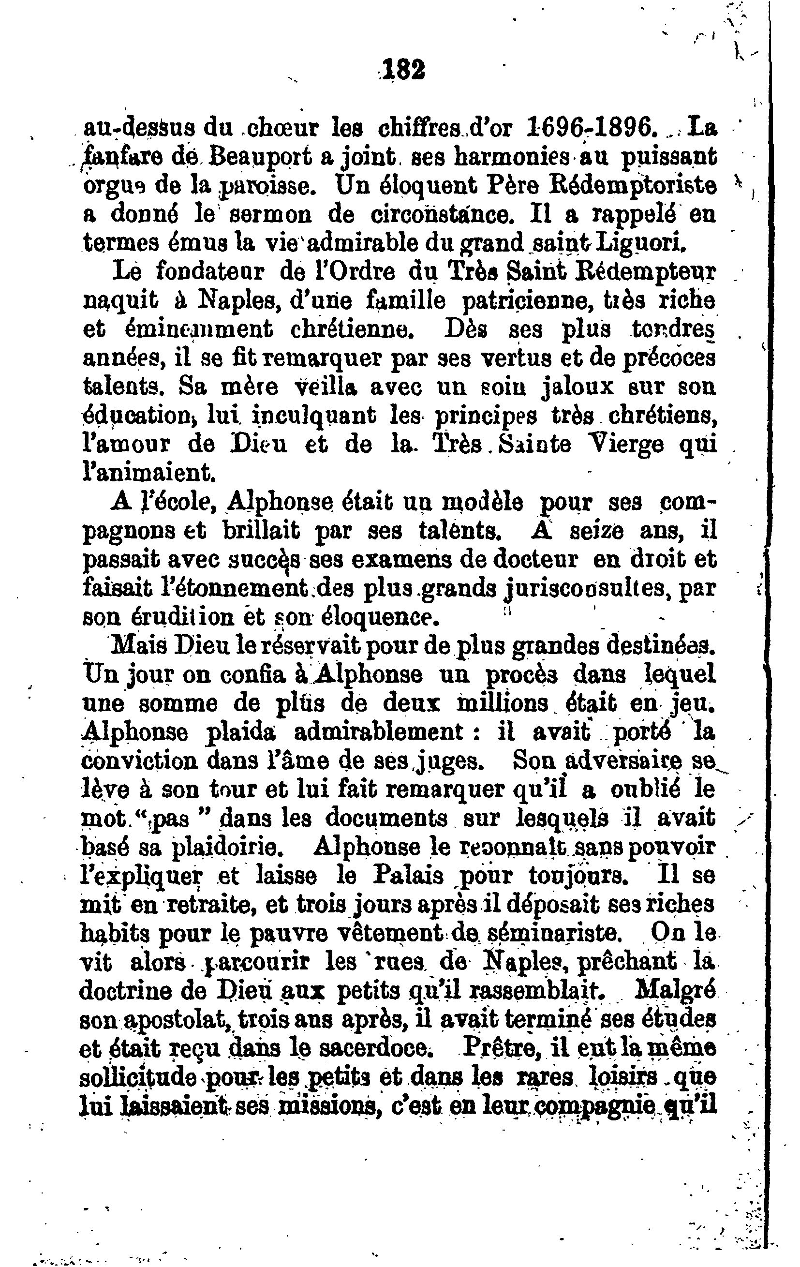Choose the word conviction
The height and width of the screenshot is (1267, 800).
[x=140, y=761]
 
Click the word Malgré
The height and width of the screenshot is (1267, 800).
[x=675, y=990]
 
